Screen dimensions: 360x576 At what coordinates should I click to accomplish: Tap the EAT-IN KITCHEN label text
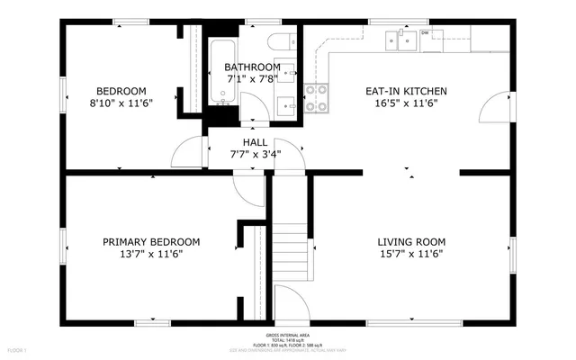[x=400, y=91]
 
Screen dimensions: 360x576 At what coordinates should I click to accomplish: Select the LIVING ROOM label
[x=411, y=241]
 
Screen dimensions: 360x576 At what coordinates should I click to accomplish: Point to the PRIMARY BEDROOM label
[x=151, y=241]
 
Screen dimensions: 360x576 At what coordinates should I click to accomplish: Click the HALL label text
[x=256, y=142]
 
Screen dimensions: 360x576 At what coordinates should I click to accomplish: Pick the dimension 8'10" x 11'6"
[x=121, y=103]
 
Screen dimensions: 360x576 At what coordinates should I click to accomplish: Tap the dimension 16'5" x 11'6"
[x=400, y=103]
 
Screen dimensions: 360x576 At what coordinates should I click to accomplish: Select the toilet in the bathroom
[x=281, y=41]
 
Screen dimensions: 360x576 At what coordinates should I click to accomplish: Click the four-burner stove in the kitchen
[x=316, y=97]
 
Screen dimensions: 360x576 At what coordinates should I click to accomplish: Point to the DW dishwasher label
[x=425, y=33]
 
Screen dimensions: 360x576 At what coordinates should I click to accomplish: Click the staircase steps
[x=289, y=243]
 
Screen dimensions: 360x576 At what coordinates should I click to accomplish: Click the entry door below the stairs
[x=290, y=300]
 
